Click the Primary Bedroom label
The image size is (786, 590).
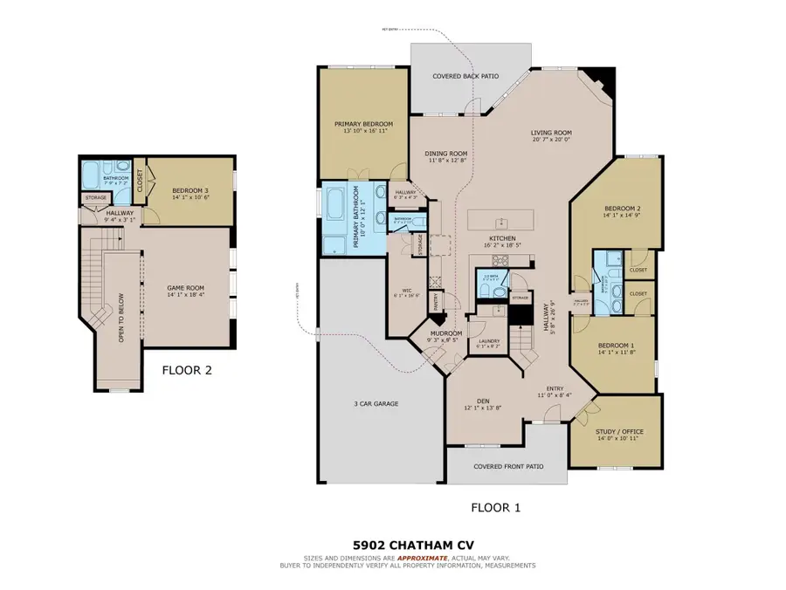363,124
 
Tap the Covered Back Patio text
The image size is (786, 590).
465,77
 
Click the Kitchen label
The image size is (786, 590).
501,238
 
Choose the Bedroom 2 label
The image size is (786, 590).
623,209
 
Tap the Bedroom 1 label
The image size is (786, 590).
616,346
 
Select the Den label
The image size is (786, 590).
471,401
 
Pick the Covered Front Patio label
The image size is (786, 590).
508,466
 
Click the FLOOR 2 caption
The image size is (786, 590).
187,370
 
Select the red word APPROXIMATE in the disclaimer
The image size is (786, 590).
424,558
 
